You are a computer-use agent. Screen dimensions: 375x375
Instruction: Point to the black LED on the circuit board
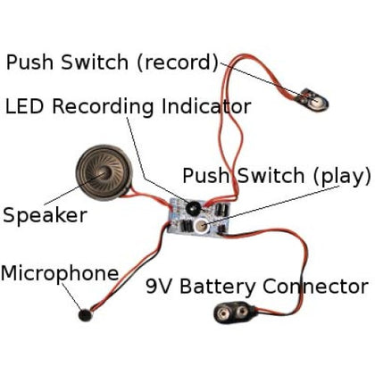(x=191, y=208)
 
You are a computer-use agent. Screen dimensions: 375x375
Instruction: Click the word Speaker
(x=45, y=215)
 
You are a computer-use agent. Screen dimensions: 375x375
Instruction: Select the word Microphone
(x=59, y=272)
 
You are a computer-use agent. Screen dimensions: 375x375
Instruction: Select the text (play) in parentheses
(x=336, y=175)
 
